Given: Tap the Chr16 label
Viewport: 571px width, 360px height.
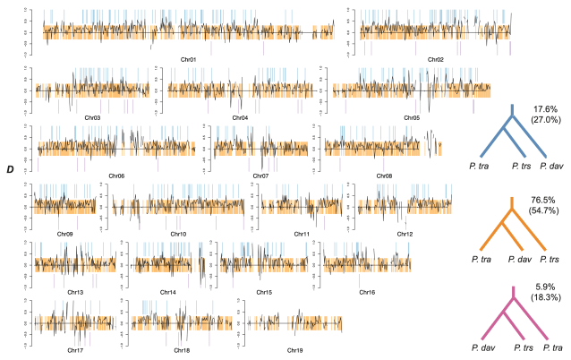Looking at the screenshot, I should click(367, 292).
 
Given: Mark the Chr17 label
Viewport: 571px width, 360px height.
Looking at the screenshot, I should click(76, 350).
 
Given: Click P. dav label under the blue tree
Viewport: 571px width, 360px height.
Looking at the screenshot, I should click(553, 166).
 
